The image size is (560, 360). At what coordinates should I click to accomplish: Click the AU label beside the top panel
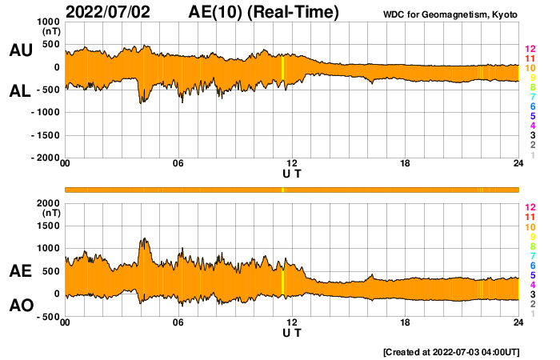point(20,50)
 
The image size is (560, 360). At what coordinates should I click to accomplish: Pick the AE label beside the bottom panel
point(20,272)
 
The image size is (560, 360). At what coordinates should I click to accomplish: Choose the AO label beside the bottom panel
point(20,306)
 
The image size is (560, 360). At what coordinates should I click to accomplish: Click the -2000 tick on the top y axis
point(45,158)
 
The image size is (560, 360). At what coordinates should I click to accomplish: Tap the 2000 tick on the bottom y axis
point(49,203)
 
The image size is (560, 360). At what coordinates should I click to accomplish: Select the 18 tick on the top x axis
point(406,164)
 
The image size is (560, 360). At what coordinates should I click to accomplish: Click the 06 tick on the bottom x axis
point(178,322)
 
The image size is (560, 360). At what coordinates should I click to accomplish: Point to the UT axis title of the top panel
point(292,173)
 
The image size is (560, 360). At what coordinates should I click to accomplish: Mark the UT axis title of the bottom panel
point(292,332)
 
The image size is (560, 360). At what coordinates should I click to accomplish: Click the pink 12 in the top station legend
point(530,48)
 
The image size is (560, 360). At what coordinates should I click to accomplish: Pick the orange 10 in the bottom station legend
point(530,226)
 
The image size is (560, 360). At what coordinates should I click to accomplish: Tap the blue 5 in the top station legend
point(532,116)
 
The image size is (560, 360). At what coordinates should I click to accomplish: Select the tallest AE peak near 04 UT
point(143,239)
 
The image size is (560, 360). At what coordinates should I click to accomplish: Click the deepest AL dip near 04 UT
point(142,102)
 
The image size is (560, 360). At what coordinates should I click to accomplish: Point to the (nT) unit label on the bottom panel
point(49,214)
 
